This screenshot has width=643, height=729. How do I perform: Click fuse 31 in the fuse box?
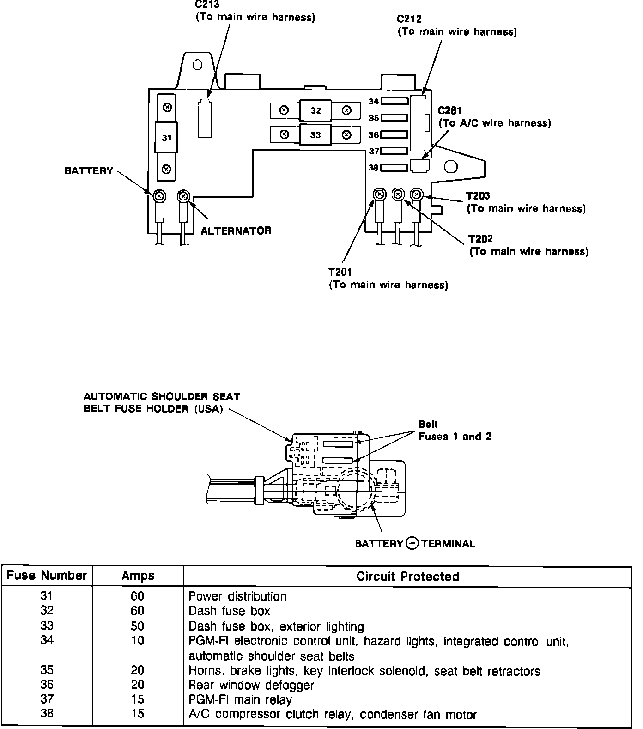tap(167, 137)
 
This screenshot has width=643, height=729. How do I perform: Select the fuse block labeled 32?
tap(315, 110)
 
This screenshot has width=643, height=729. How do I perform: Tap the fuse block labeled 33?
tap(315, 135)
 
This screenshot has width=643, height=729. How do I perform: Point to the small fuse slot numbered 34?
tap(394, 101)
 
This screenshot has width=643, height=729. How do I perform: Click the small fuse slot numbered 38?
tap(394, 168)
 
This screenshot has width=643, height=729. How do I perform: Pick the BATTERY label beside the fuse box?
tap(89, 171)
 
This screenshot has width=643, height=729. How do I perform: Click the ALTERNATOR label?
tap(236, 231)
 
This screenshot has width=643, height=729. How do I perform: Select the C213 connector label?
tap(207, 5)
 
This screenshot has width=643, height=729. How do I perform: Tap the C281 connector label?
tap(449, 111)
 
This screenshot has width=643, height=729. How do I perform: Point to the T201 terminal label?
tap(340, 272)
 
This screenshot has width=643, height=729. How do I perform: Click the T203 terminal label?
tap(478, 196)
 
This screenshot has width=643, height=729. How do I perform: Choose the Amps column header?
tap(138, 576)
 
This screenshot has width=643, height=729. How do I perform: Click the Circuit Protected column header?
tap(407, 576)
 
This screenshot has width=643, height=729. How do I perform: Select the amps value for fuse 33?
tap(138, 626)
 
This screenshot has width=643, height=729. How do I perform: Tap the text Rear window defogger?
tap(251, 685)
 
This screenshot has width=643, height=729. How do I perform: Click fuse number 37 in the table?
tap(47, 699)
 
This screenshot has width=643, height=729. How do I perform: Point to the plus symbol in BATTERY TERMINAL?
tap(412, 543)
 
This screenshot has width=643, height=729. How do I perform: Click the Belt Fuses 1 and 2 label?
tap(455, 431)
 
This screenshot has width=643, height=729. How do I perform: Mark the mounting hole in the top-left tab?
tap(198, 65)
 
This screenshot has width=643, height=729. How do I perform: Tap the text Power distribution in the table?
tap(237, 596)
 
